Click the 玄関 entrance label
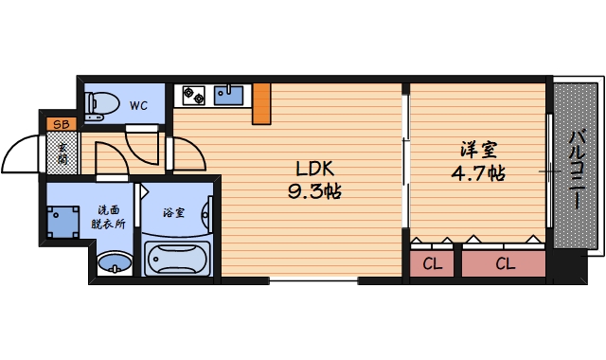tap(62, 153)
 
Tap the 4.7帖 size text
tap(478, 174)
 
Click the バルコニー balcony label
tap(576, 171)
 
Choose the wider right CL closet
tap(504, 263)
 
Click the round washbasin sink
tap(115, 262)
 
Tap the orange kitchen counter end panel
tap(261, 103)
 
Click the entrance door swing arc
tap(24, 152)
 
